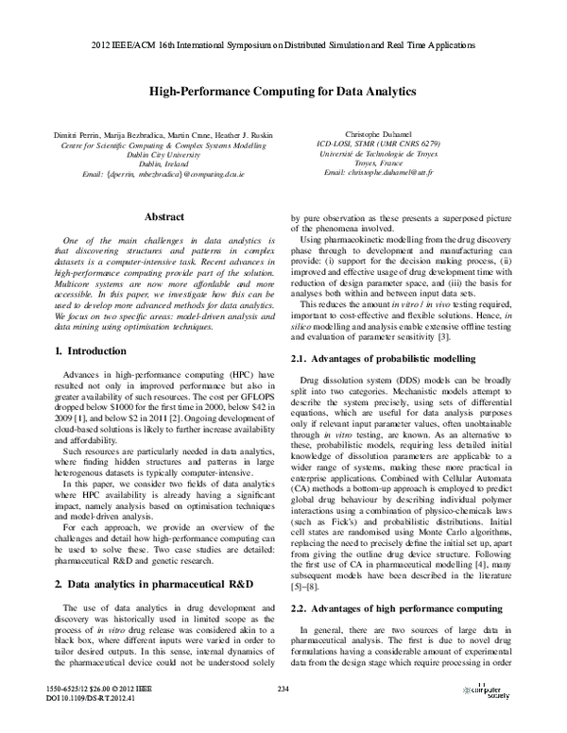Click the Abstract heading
coord(163,216)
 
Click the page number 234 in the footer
coord(283,689)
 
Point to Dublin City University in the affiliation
coord(163,154)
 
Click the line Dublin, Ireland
coord(163,164)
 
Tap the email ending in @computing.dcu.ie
coord(163,175)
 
